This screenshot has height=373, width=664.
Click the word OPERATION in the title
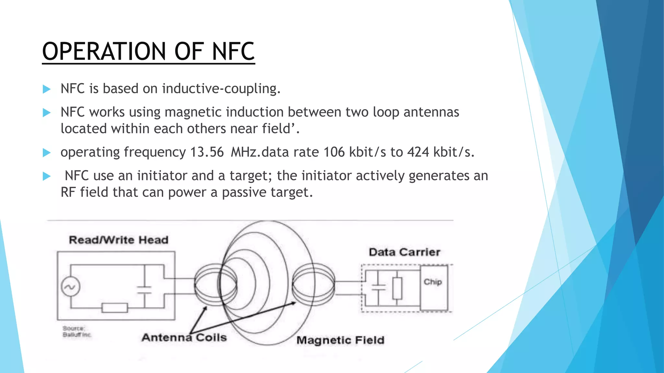(104, 51)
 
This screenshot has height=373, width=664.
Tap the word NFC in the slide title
(233, 51)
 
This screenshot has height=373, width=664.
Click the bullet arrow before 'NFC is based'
(47, 89)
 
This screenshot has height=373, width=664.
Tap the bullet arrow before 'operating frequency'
(47, 153)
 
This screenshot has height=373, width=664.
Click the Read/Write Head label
(119, 240)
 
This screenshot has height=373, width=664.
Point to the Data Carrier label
(404, 252)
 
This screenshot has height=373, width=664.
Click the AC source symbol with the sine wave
(70, 287)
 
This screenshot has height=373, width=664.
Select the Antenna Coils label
(184, 338)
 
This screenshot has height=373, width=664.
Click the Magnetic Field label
(340, 340)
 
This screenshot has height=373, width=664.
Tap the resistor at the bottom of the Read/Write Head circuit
(114, 308)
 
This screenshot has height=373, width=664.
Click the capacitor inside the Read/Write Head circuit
(144, 289)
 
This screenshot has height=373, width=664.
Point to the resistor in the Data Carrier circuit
(397, 288)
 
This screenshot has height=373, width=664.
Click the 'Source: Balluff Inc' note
(77, 332)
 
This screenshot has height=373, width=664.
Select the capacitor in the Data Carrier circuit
(378, 287)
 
